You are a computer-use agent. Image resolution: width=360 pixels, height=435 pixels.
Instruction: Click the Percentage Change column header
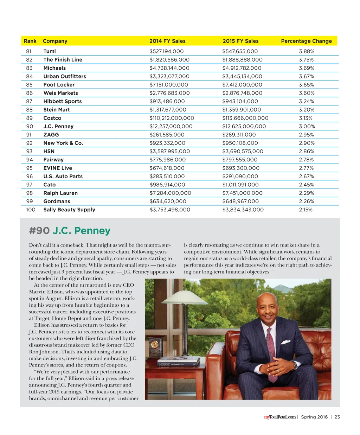pos(306,41)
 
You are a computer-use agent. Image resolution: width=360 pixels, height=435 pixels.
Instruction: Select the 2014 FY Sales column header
pos(167,41)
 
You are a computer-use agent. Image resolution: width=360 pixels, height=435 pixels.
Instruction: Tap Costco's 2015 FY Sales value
pos(245,118)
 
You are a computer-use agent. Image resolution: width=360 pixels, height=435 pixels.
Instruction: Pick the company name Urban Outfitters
pos(65,76)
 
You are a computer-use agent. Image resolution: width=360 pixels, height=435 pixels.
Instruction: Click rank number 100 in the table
pos(31,210)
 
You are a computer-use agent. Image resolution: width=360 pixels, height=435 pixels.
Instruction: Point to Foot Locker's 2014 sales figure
pos(169,85)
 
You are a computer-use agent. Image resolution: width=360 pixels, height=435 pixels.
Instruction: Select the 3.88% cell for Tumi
pos(307,51)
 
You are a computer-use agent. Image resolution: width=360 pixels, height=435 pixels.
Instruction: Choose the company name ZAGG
pos(51,135)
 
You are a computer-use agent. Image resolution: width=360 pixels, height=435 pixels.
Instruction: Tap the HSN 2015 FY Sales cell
pos(243,151)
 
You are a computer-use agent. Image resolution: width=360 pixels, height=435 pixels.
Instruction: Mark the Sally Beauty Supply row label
pos(69,210)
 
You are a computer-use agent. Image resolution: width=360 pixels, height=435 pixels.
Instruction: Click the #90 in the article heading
pos(39,231)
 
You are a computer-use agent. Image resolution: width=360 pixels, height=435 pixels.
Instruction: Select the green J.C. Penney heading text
pos(82,231)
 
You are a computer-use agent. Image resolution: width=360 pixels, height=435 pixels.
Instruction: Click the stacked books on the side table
pos(179,362)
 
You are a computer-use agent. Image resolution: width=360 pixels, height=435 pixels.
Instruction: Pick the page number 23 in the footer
pos(337,417)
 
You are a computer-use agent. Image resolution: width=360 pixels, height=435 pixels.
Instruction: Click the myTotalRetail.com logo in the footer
pos(280,417)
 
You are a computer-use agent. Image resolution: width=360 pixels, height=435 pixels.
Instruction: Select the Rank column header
pos(30,41)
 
